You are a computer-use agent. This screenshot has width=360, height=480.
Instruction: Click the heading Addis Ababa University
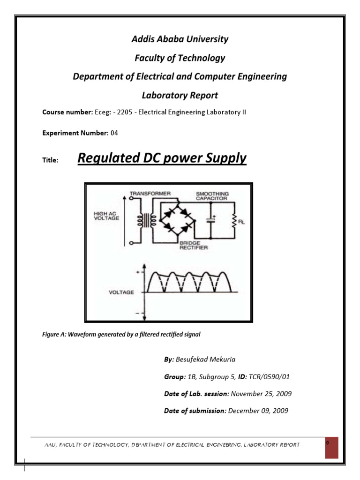point(180,39)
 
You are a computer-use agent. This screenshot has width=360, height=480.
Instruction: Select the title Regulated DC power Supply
point(162,158)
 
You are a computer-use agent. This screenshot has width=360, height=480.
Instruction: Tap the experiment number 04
point(114,133)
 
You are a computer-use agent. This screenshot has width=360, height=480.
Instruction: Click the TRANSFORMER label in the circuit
point(150,193)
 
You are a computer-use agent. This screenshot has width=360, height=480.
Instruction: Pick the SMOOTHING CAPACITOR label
point(213,196)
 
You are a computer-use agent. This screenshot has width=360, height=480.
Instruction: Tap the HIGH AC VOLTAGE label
point(106,215)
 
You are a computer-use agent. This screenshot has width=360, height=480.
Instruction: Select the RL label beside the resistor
point(242,223)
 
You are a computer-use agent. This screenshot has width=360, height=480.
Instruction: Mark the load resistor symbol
point(234,219)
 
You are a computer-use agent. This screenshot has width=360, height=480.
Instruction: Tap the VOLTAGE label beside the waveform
point(121,292)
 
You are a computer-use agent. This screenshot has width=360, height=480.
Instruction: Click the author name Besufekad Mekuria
point(206,359)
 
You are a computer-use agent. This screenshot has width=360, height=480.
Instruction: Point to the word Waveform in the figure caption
point(83,335)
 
